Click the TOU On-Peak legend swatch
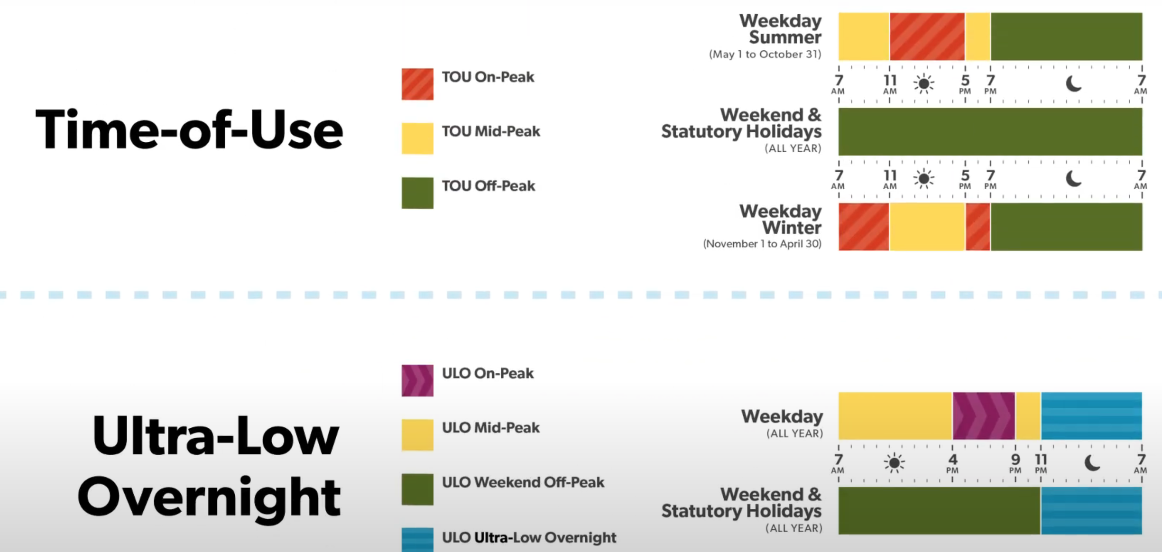(417, 84)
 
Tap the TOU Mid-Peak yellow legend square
(417, 138)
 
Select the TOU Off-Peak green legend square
(417, 193)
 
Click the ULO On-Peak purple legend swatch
(417, 380)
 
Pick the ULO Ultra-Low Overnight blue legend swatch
(417, 540)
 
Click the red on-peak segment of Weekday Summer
(927, 37)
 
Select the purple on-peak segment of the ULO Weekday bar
(984, 416)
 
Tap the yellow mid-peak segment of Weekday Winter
(927, 227)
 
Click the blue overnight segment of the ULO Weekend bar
(1091, 511)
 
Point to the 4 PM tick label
(952, 463)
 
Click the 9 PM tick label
(1015, 463)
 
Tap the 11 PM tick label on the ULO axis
(1041, 463)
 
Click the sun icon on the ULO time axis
(894, 463)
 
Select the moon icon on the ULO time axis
(1092, 463)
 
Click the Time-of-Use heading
(189, 129)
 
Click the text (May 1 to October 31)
(765, 55)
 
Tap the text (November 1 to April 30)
(762, 244)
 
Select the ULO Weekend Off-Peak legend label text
(523, 483)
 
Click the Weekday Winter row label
(781, 219)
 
